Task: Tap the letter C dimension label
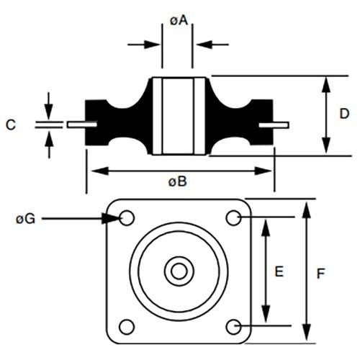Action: tap(11, 125)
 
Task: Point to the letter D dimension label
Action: tap(344, 113)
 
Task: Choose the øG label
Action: tap(25, 217)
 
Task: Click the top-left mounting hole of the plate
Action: tap(127, 217)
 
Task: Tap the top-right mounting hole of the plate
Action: tap(233, 217)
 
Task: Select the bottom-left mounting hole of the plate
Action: tap(127, 325)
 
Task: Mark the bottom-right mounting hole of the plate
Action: tap(233, 326)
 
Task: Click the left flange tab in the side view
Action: tap(81, 125)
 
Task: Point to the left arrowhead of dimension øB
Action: tap(92, 171)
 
